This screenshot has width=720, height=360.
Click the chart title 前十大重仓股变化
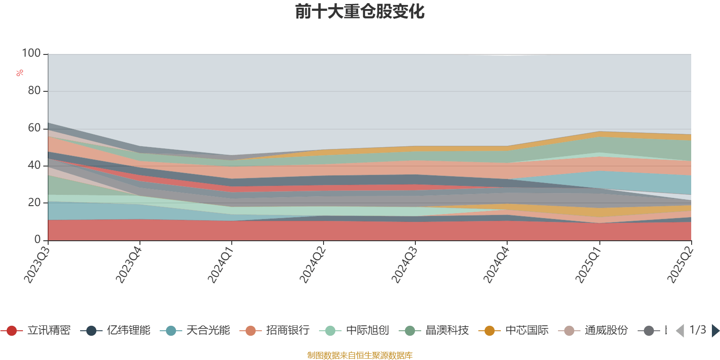[360, 12]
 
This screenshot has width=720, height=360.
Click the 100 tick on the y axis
[31, 54]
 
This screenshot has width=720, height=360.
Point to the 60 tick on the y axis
[34, 128]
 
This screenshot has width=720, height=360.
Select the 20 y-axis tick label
[34, 202]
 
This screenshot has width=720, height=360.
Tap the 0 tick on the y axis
[38, 240]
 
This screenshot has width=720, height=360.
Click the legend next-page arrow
[715, 331]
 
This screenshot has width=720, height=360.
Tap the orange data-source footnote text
[360, 355]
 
